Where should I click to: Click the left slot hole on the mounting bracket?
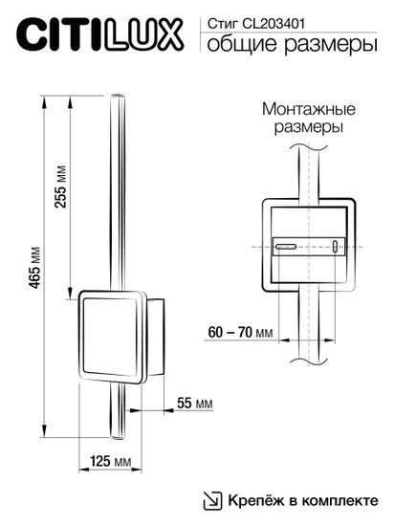[x=284, y=247]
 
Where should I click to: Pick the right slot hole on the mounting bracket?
[x=336, y=247]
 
